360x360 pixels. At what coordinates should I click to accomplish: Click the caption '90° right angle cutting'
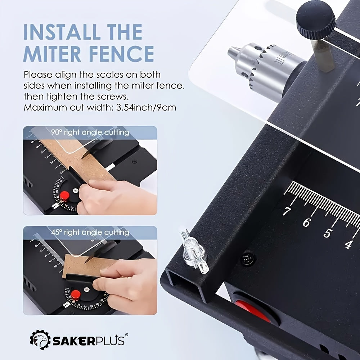[x=90, y=132]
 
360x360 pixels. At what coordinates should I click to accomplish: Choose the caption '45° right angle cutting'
[x=90, y=232]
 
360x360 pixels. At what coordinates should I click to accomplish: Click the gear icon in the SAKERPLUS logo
[x=40, y=339]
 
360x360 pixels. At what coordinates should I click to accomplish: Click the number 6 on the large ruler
[x=306, y=223]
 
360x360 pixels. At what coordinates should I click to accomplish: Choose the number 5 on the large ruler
[x=327, y=234]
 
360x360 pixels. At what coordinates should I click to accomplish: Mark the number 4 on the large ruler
[x=348, y=245]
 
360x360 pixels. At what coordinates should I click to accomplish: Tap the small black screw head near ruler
[x=248, y=258]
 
